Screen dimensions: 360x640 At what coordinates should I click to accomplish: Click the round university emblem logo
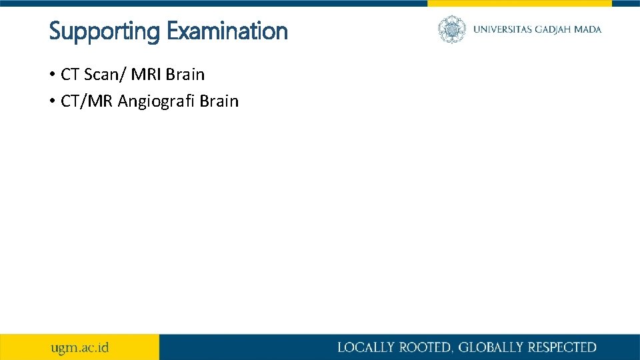coord(452,29)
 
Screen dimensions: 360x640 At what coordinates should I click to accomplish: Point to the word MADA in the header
coord(589,29)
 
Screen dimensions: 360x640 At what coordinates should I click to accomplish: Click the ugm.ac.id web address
coord(80,347)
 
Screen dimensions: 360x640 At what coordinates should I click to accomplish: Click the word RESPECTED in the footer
coord(562,347)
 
